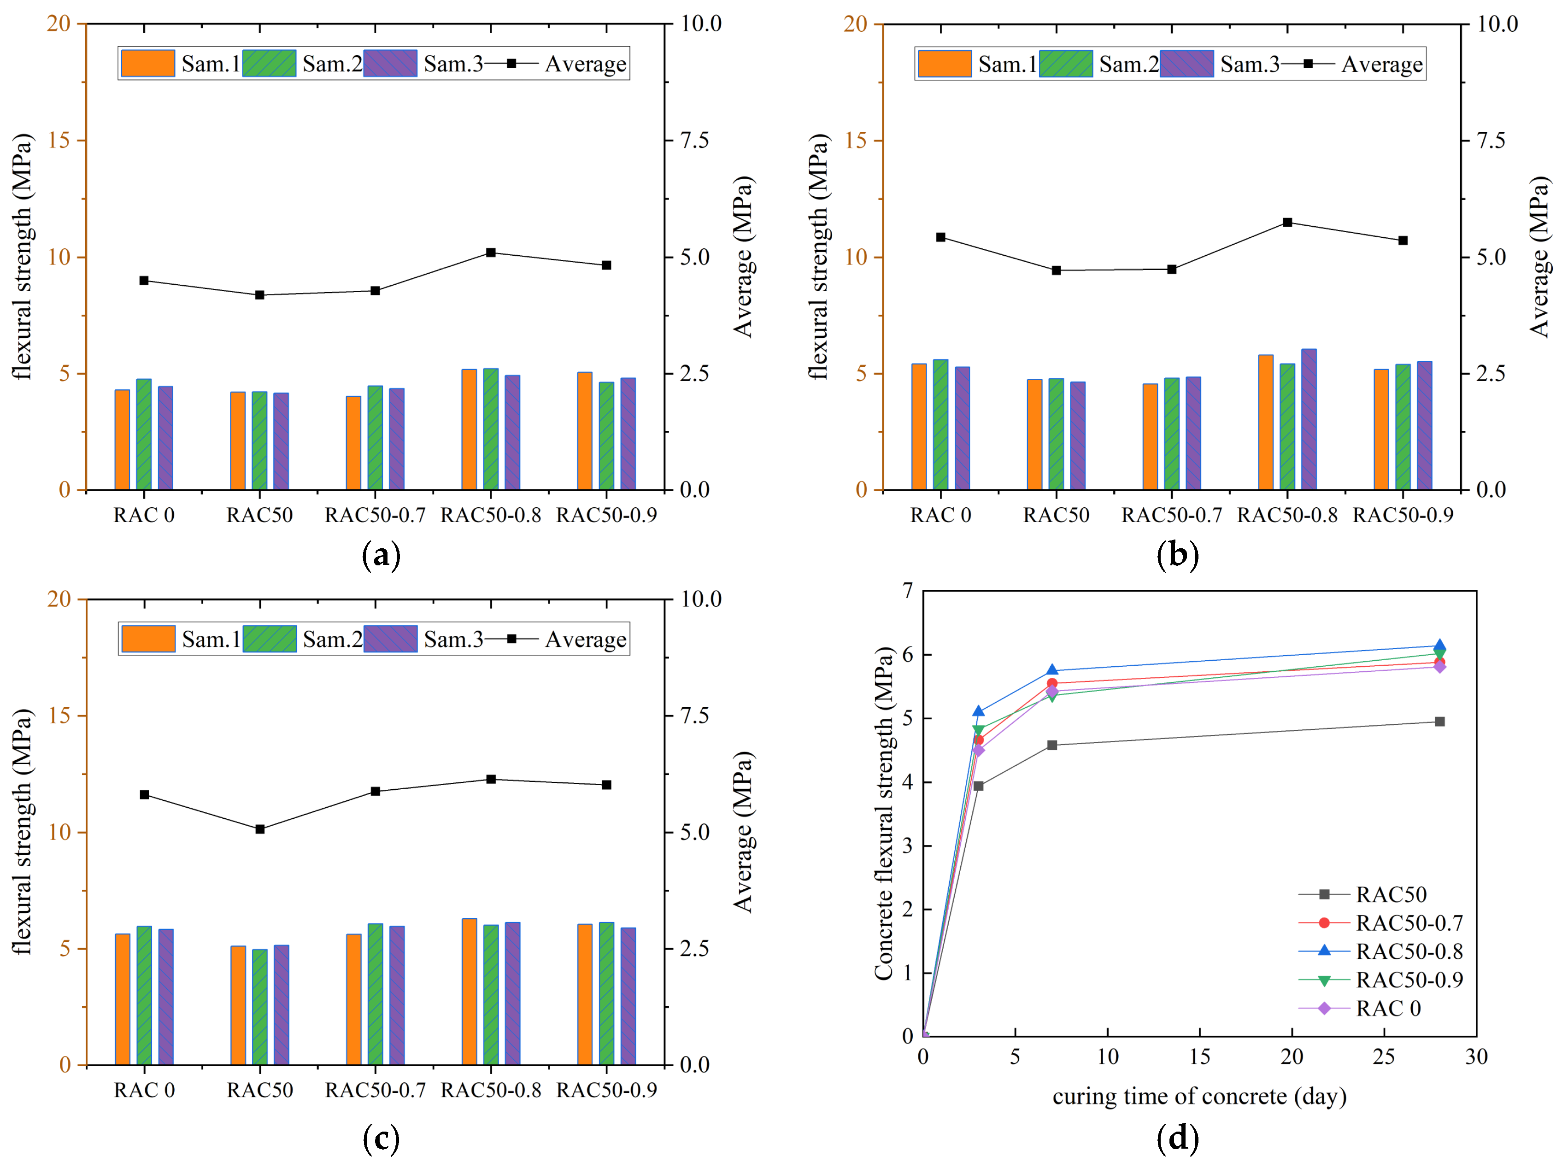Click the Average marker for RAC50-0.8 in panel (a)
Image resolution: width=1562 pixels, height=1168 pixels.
coord(491,253)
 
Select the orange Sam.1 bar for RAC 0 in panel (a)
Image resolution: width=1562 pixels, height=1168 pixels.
coord(122,439)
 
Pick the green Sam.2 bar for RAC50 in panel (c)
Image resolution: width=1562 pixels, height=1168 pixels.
coord(260,1006)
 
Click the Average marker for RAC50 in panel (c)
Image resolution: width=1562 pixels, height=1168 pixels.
coord(260,829)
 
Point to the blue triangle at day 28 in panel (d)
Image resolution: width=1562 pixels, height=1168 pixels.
coord(1439,646)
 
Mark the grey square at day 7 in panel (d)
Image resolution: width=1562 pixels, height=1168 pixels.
coord(1052,745)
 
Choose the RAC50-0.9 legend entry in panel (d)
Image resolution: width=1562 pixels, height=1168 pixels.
coord(1409,980)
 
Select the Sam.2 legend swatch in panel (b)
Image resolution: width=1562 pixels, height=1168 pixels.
coord(1066,64)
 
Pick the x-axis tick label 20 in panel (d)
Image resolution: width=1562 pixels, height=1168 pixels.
coord(1292,1057)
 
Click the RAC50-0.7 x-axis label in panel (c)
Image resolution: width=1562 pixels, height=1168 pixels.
coord(375,1090)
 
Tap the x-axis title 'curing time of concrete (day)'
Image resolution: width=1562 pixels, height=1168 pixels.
coord(1199,1097)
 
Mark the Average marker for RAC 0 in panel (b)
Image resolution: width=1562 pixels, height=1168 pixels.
coord(940,237)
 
